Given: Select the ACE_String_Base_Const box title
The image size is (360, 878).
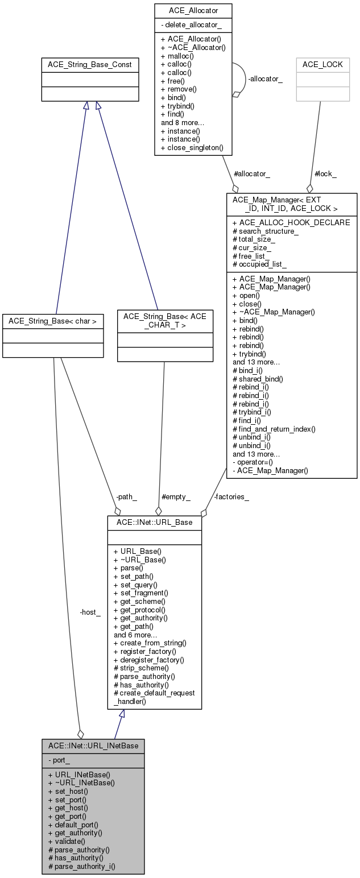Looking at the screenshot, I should point(90,65).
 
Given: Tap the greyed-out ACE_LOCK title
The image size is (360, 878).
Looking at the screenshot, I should point(322,65).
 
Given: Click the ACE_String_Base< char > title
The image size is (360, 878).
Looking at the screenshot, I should point(53,321).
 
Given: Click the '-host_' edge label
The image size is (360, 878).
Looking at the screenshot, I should point(90,612).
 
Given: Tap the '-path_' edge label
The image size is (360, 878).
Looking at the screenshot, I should point(126,496).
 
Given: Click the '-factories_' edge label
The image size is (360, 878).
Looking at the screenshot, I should point(231,496).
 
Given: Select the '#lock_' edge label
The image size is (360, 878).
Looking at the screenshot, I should point(325,174).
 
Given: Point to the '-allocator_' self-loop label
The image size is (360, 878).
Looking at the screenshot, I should point(266,78).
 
